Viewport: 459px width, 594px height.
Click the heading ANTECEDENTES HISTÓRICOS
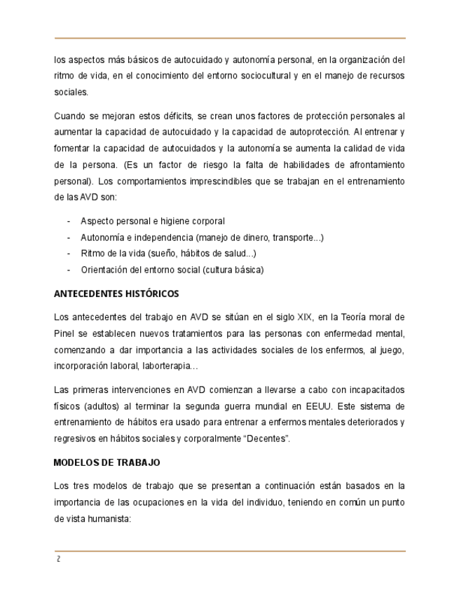point(116,293)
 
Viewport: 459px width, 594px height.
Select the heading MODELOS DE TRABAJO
point(107,463)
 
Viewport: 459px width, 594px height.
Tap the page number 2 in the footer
point(59,559)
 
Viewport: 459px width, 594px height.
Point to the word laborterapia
point(165,365)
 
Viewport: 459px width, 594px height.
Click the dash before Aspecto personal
point(69,221)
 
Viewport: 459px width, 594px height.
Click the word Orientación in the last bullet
point(106,270)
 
